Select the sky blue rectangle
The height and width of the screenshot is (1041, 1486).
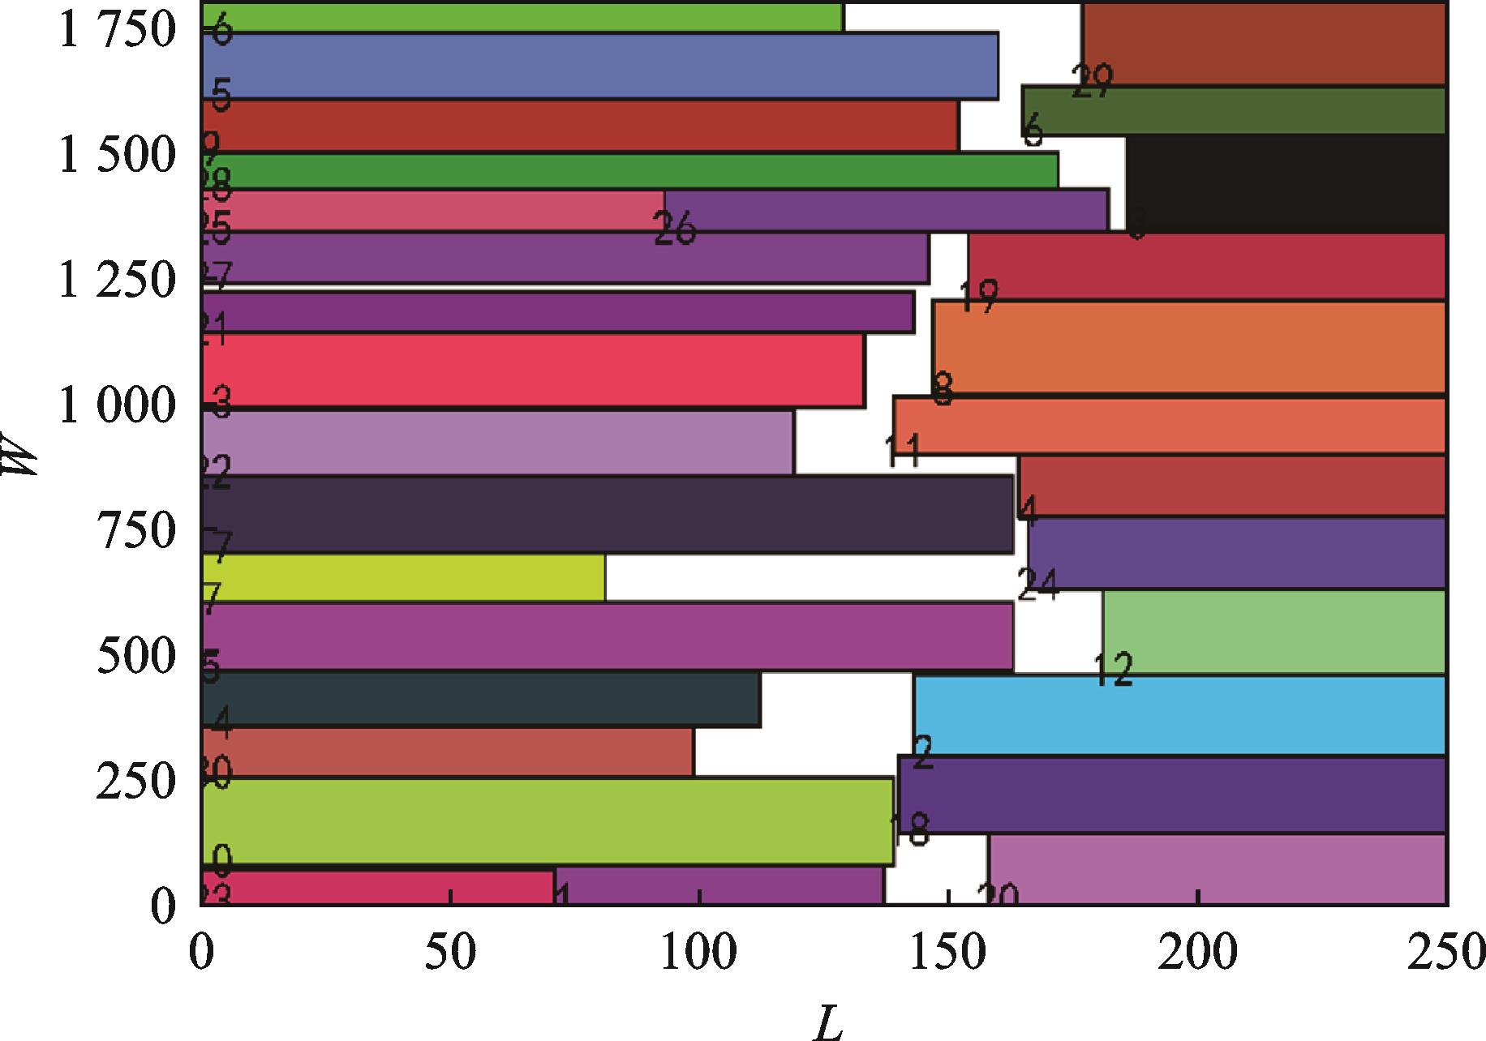click(x=1179, y=715)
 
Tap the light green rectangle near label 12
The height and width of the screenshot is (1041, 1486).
click(x=1273, y=632)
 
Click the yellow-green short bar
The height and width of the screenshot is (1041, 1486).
click(x=403, y=578)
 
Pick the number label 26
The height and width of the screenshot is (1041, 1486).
click(x=675, y=229)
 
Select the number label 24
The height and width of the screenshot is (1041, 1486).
click(x=1038, y=584)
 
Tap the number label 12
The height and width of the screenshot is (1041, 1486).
click(x=1113, y=670)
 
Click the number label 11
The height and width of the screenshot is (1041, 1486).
click(x=903, y=451)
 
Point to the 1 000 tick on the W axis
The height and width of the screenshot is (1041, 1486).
click(x=117, y=405)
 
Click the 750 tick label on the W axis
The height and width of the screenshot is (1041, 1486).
click(x=136, y=531)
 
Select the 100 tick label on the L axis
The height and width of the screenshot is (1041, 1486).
click(x=698, y=953)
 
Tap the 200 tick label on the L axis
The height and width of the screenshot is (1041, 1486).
click(x=1196, y=953)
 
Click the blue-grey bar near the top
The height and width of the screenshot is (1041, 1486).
click(x=600, y=66)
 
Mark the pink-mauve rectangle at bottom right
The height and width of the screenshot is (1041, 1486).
click(x=1217, y=870)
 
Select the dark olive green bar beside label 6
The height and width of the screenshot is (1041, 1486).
click(x=1233, y=111)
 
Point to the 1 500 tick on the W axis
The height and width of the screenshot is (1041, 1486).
click(x=117, y=156)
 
